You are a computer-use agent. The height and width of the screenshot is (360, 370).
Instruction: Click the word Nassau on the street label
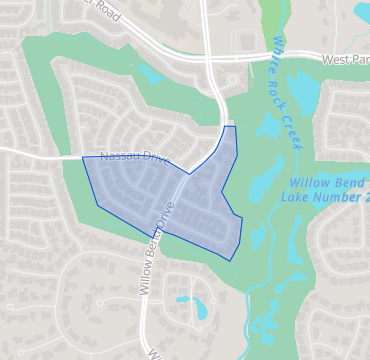pyautogui.click(x=118, y=157)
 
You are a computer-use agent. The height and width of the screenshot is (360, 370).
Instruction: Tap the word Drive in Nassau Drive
pyautogui.click(x=153, y=160)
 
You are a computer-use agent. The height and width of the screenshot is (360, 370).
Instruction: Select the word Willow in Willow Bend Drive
pyautogui.click(x=141, y=279)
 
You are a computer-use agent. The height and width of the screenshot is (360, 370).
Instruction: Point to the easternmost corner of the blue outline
pyautogui.click(x=243, y=218)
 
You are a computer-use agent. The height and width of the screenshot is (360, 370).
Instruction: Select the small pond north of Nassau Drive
pyautogui.click(x=151, y=73)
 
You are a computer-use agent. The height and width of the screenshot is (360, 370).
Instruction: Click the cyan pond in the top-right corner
pyautogui.click(x=362, y=11)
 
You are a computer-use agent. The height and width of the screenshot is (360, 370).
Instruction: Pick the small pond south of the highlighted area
pyautogui.click(x=201, y=306)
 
